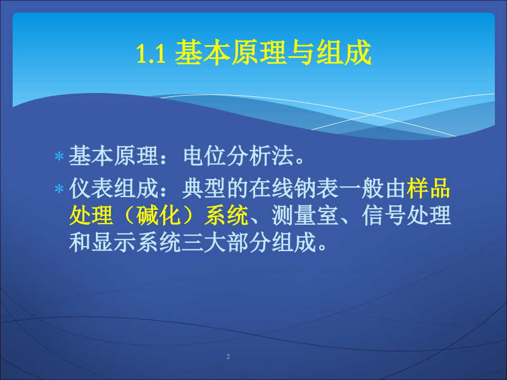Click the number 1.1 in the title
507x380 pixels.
pos(151,53)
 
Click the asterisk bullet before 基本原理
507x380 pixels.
pos(59,157)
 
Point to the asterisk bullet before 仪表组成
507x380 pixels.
pos(59,188)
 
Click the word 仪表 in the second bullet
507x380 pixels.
pos(91,188)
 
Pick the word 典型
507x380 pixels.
pos(204,188)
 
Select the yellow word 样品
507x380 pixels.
pos(428,188)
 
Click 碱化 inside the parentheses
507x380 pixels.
pos(159,215)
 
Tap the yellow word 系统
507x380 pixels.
pos(226,215)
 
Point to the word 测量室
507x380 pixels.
pos(305,215)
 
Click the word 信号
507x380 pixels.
pos(384,215)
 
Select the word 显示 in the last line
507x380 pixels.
pos(114,242)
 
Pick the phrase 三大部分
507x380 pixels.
pos(226,242)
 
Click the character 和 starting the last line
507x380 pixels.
pos(80,242)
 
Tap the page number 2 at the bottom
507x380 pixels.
pos(228,356)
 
